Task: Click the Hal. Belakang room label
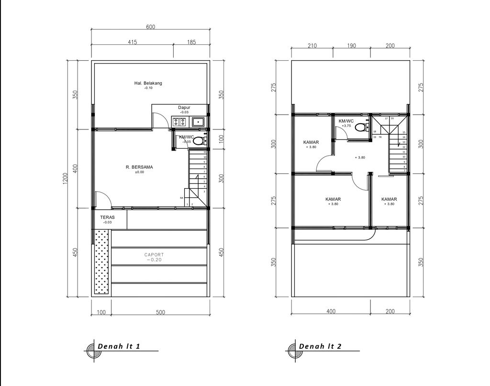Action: click(x=148, y=83)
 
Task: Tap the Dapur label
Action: click(x=184, y=107)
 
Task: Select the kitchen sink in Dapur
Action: click(x=198, y=122)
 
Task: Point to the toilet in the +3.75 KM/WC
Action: click(x=363, y=127)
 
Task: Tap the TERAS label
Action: click(x=108, y=217)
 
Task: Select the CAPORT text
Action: click(x=154, y=255)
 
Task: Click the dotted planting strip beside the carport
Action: click(x=101, y=263)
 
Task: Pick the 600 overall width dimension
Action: click(x=150, y=27)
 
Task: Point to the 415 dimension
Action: click(x=133, y=42)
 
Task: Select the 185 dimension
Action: click(x=191, y=42)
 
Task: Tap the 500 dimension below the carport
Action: click(x=160, y=312)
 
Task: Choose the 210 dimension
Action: click(x=312, y=46)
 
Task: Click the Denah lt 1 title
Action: click(x=118, y=346)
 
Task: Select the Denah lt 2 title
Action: click(x=320, y=346)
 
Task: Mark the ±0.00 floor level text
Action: click(x=139, y=172)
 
